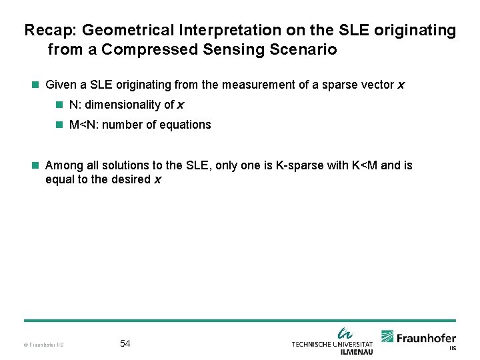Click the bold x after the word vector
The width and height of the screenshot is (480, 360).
click(401, 85)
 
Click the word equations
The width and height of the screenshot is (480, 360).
click(187, 125)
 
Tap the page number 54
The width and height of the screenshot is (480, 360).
click(125, 343)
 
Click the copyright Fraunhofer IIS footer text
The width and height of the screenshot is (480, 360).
click(43, 345)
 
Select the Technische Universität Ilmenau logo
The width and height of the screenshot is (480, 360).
click(332, 341)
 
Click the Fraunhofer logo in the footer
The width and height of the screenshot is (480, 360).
click(419, 339)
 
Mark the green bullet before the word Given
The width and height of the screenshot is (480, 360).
click(36, 85)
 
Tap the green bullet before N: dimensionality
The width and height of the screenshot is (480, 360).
click(60, 105)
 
